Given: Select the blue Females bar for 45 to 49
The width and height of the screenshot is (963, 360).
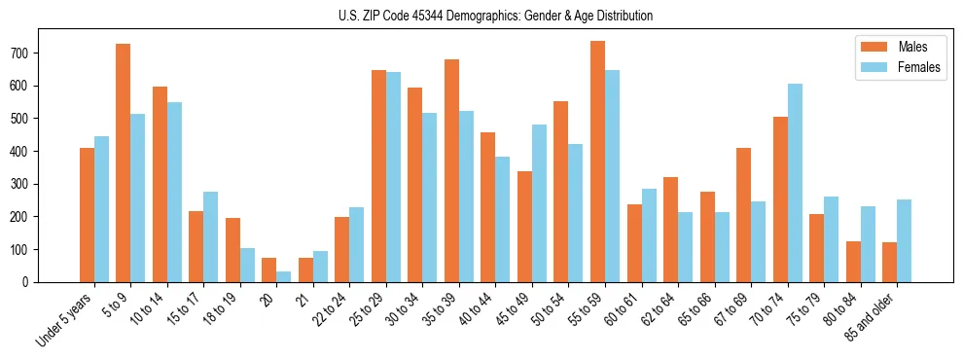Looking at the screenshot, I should [x=539, y=203].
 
